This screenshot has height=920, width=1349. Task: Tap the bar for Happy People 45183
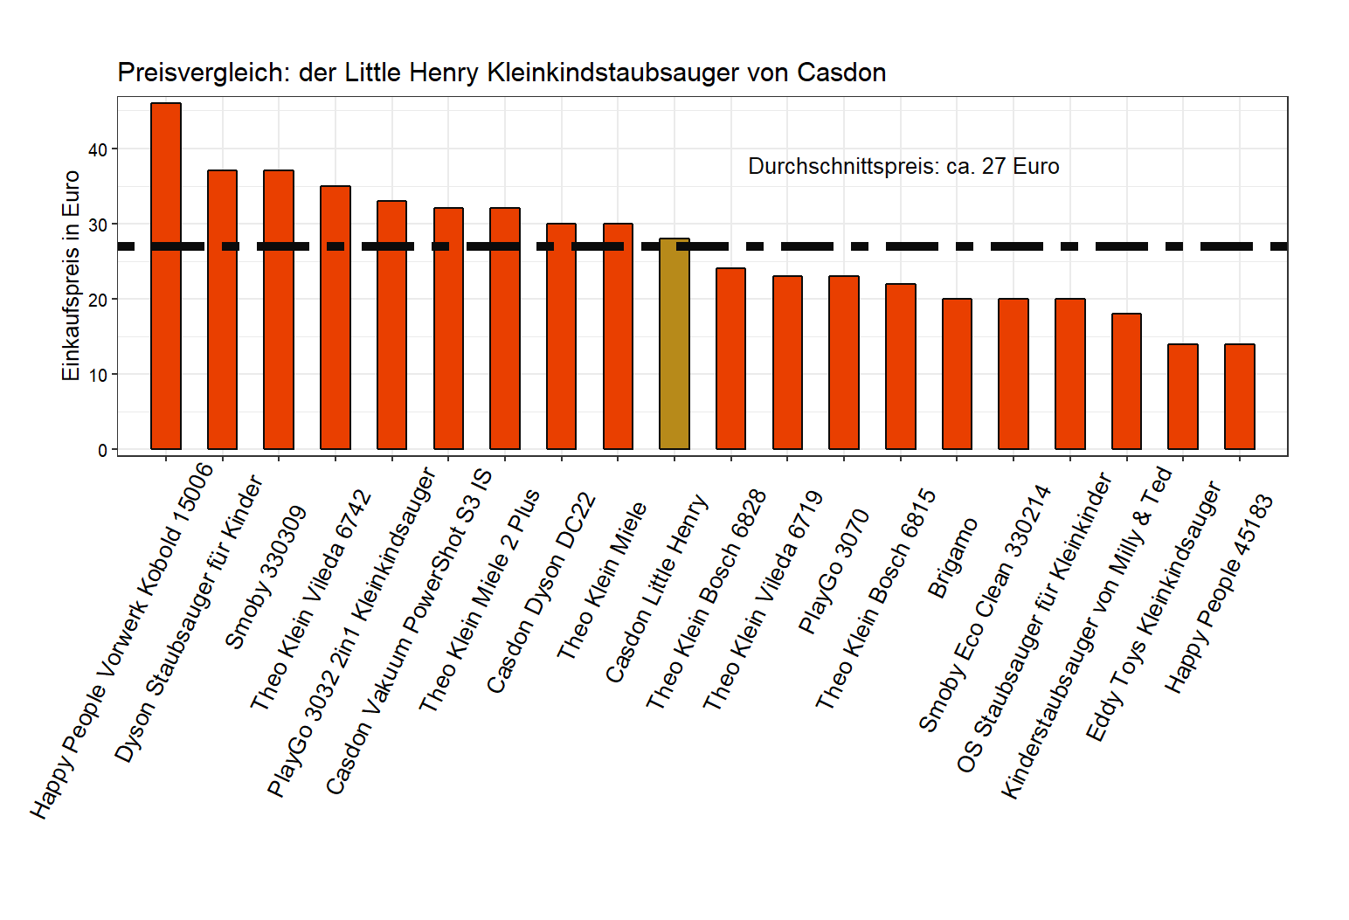[x=1240, y=397]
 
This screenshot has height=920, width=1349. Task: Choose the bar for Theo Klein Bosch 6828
[x=731, y=359]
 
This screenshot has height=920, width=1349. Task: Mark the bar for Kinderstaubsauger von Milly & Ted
[x=1126, y=382]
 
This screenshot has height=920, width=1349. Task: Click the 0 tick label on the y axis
[x=102, y=450]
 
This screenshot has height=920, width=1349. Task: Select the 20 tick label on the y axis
[x=98, y=300]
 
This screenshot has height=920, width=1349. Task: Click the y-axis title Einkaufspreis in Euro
[x=71, y=276]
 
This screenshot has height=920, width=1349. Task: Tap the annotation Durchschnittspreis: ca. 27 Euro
[x=903, y=167]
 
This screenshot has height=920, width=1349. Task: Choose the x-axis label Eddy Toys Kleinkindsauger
[x=1152, y=611]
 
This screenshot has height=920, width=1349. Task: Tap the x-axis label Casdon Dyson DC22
[x=542, y=593]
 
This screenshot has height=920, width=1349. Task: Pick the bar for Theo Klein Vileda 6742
[x=336, y=318]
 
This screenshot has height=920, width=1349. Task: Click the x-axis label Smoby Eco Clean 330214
[x=985, y=608]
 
